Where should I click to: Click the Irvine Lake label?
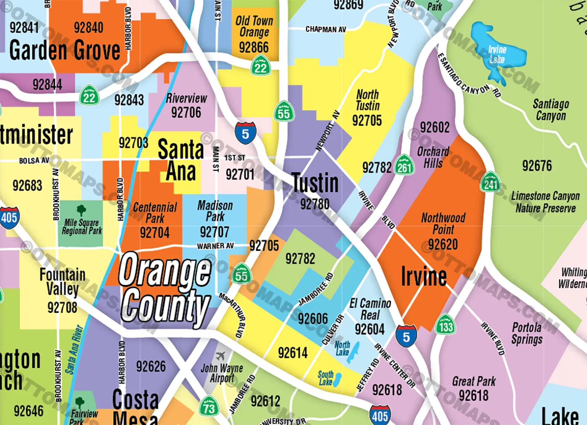pyautogui.click(x=497, y=54)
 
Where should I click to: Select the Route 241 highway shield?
pyautogui.click(x=491, y=182)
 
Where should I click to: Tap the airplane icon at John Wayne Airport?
pyautogui.click(x=220, y=356)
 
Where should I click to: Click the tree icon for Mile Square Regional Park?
pyautogui.click(x=81, y=210)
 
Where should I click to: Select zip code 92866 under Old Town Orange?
pyautogui.click(x=254, y=47)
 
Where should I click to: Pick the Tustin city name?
pyautogui.click(x=315, y=183)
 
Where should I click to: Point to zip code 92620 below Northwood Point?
pyautogui.click(x=443, y=244)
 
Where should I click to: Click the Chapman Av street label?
pyautogui.click(x=326, y=29)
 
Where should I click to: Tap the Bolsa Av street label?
pyautogui.click(x=34, y=161)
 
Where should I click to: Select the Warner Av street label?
pyautogui.click(x=216, y=246)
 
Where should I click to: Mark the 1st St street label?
pyautogui.click(x=235, y=158)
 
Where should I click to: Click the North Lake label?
pyautogui.click(x=342, y=348)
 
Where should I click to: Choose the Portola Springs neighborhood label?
pyautogui.click(x=527, y=333)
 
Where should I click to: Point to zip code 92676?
pyautogui.click(x=537, y=166)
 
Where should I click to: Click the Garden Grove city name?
pyautogui.click(x=65, y=50)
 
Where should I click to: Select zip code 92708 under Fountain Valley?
pyautogui.click(x=62, y=308)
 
